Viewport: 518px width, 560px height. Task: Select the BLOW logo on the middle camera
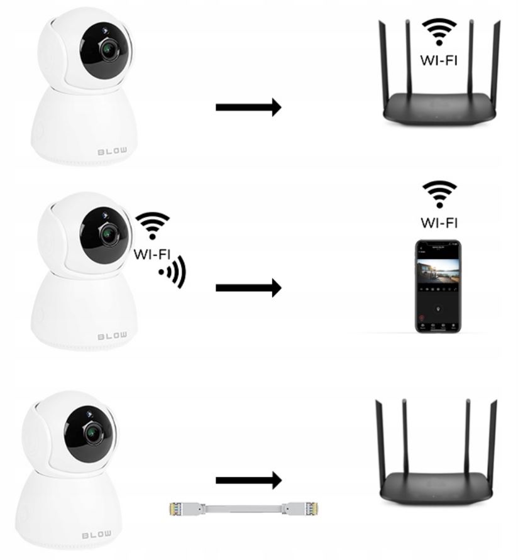(112, 336)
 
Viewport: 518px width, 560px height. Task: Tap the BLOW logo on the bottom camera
(97, 535)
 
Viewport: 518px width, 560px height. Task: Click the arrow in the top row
(248, 107)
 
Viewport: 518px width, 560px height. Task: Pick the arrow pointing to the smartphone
(248, 288)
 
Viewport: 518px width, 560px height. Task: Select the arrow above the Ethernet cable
(248, 481)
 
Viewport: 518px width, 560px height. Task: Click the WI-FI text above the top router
(439, 60)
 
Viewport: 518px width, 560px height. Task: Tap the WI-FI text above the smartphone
(439, 222)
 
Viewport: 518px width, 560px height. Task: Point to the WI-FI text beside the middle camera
(152, 254)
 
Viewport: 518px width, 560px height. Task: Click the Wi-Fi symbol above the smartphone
(439, 194)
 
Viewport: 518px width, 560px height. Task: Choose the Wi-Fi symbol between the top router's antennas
(439, 32)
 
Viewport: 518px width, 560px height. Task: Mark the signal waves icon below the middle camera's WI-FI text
(172, 272)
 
